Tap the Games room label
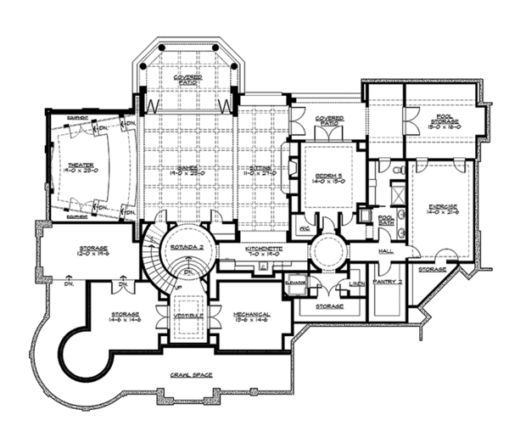(187, 166)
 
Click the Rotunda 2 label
(184, 246)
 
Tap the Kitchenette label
(263, 249)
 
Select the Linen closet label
(356, 282)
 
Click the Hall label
(387, 252)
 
